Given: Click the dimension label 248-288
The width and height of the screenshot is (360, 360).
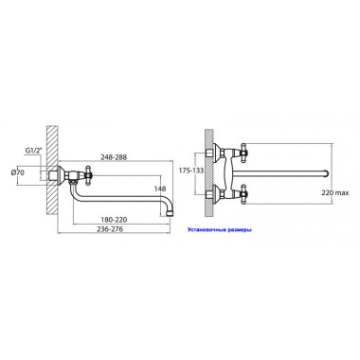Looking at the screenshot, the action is point(114,156).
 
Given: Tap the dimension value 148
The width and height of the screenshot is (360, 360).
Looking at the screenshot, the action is point(160,189).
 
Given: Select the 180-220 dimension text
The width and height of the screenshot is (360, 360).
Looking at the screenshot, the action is point(114,220).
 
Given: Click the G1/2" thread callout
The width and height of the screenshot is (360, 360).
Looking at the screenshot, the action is point(34,151).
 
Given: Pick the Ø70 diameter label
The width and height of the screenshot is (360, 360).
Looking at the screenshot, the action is point(18,172).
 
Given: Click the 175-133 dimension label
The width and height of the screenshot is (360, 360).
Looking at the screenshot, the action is point(191,171).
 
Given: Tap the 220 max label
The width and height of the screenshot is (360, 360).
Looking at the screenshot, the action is point(335,192).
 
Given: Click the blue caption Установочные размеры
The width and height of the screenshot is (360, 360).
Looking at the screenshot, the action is point(220,230).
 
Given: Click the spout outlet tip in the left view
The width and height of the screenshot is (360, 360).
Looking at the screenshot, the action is point(170,213).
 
